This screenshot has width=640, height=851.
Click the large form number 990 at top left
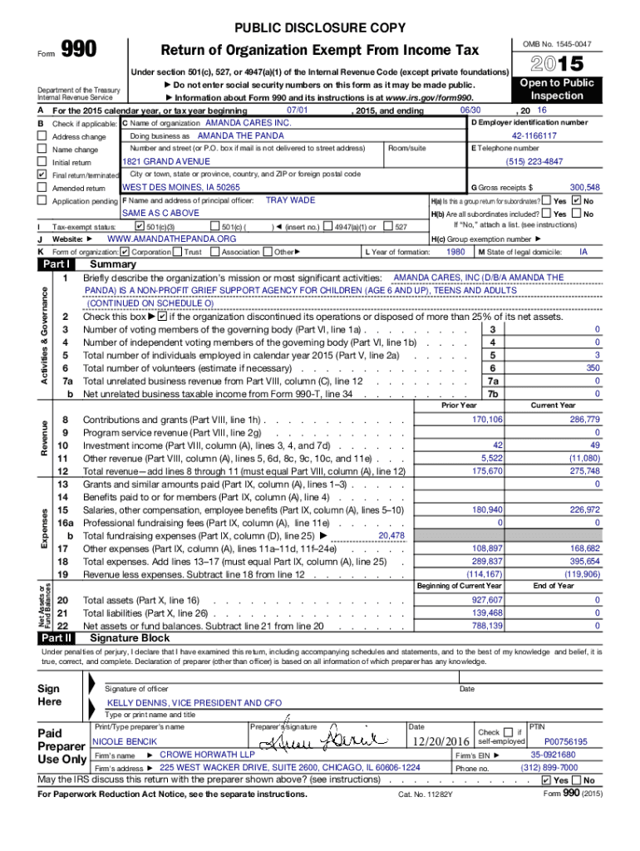click(80, 51)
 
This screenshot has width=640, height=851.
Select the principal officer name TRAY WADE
click(290, 200)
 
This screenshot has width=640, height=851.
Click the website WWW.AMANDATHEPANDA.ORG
click(166, 239)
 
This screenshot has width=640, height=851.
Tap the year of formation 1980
click(455, 252)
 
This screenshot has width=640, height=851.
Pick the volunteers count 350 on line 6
click(592, 368)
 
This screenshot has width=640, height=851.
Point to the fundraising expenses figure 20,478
click(391, 536)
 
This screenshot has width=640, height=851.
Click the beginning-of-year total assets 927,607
click(487, 600)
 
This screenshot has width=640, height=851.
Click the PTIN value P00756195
click(565, 741)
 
